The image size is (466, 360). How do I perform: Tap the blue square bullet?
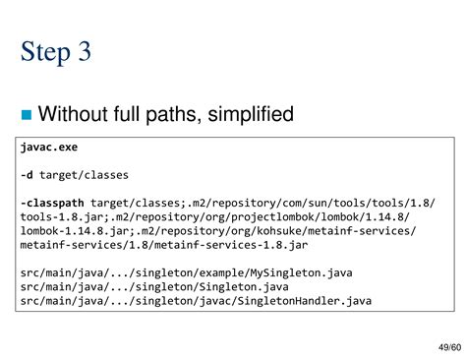point(26,115)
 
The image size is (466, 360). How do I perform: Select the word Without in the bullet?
point(73,114)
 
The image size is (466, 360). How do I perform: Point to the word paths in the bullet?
point(175,114)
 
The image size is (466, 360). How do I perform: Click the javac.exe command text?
point(49,148)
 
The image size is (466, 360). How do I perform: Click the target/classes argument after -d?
point(83,175)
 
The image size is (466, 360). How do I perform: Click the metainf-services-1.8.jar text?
point(224,245)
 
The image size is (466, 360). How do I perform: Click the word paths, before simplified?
point(175,114)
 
